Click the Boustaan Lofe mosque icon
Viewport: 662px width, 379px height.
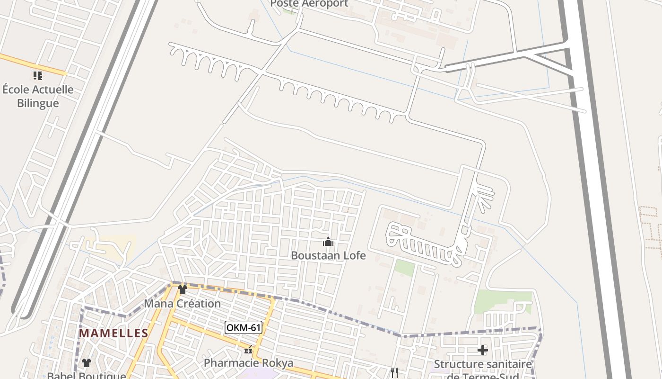click(x=328, y=242)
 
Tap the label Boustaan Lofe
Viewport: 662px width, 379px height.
click(x=328, y=255)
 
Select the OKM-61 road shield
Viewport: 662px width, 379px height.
click(x=243, y=327)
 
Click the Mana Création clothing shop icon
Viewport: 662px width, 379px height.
click(x=183, y=289)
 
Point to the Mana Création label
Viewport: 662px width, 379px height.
click(x=182, y=303)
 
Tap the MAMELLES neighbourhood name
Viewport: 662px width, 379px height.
click(x=113, y=333)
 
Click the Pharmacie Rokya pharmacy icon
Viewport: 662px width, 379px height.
click(x=248, y=351)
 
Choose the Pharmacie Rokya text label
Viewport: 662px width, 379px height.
click(x=248, y=363)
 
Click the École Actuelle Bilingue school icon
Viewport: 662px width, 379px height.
click(x=38, y=76)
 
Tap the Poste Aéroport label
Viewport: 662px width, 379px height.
click(x=309, y=4)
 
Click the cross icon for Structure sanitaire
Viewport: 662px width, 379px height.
click(x=482, y=350)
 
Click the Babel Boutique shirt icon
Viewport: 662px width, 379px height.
click(x=87, y=363)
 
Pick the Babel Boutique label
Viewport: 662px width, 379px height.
click(x=87, y=375)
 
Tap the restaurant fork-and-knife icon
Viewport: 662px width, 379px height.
click(x=394, y=373)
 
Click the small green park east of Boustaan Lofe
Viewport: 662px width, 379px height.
click(x=404, y=267)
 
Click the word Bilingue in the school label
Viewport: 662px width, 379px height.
click(x=38, y=103)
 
